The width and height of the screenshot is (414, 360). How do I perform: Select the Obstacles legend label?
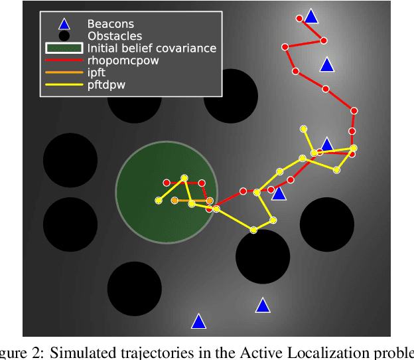114,37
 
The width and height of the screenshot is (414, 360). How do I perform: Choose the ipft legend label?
98,72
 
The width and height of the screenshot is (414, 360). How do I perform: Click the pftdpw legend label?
107,84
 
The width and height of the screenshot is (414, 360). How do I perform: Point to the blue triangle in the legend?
64,25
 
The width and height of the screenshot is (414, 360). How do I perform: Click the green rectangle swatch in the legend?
64,48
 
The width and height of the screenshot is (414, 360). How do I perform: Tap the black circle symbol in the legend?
64,37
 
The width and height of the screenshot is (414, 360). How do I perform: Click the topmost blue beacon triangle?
310,16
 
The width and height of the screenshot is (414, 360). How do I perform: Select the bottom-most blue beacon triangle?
198,321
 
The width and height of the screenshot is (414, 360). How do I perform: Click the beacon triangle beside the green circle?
279,193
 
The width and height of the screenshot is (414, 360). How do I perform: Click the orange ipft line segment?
192,200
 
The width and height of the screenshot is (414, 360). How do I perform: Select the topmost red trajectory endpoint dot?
299,18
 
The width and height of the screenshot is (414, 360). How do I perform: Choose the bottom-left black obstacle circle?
135,289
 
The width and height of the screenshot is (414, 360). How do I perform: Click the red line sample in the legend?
64,60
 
